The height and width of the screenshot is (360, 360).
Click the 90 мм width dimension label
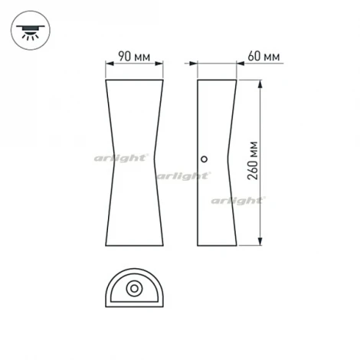[x=134, y=57]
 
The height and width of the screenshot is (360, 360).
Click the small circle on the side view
[x=204, y=159]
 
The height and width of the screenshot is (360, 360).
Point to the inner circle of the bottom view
[x=134, y=290]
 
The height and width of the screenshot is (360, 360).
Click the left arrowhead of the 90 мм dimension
[x=107, y=66]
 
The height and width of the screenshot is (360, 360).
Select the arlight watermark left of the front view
[x=122, y=157]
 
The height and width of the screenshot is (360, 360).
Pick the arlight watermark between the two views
[x=183, y=175]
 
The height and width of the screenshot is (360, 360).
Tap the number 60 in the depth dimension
[x=254, y=57]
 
